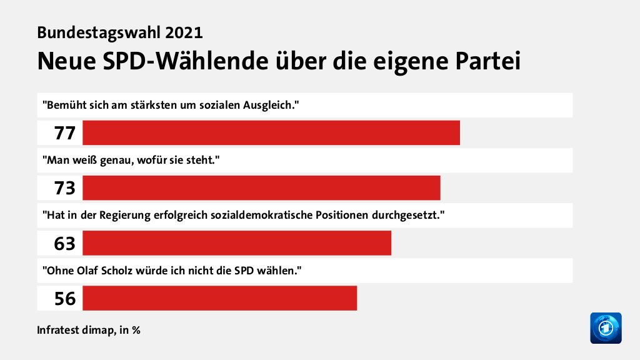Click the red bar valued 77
[271, 133]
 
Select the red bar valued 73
[261, 188]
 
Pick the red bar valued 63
[236, 243]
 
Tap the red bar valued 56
[219, 298]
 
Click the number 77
[64, 133]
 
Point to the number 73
[64, 188]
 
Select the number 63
[64, 243]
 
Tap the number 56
[64, 298]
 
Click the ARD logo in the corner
[606, 327]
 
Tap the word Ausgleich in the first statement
[272, 105]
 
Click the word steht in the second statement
[202, 160]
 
